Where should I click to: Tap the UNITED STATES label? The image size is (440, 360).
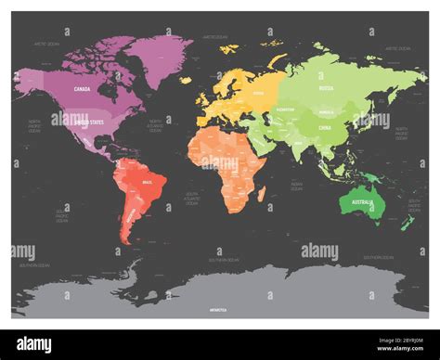(93, 122)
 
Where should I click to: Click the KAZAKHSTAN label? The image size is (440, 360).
(288, 109)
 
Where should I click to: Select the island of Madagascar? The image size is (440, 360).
(261, 193)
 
